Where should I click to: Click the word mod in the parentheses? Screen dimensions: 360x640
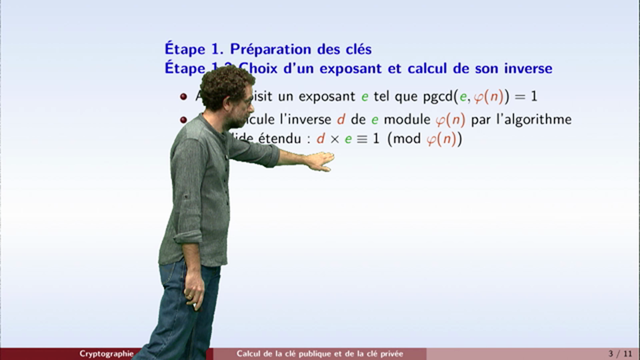click(407, 139)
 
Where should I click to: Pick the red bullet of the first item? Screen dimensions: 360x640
click(183, 96)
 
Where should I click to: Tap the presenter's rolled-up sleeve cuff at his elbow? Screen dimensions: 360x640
click(188, 236)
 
